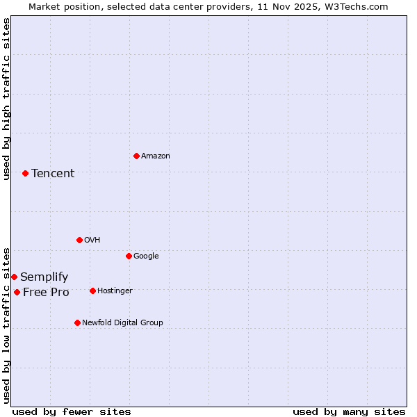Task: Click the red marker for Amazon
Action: click(x=136, y=156)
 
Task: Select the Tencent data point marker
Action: click(x=25, y=173)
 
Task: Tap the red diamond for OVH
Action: click(x=79, y=240)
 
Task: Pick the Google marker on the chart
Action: click(x=129, y=256)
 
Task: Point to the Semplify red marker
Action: click(x=14, y=277)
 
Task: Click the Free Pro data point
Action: click(x=17, y=292)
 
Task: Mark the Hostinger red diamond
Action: click(x=92, y=291)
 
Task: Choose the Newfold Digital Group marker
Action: click(x=77, y=322)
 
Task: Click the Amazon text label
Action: click(x=156, y=156)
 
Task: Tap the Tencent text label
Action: click(x=53, y=174)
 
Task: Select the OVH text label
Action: click(x=92, y=240)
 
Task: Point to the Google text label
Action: click(x=146, y=256)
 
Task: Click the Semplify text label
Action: click(x=44, y=277)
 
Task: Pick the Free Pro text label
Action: click(x=46, y=293)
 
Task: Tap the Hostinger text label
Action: click(x=115, y=291)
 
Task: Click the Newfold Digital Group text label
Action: click(x=122, y=323)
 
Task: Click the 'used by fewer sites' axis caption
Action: click(x=72, y=411)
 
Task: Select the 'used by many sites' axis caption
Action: click(x=349, y=411)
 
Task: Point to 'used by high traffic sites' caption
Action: click(x=6, y=99)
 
